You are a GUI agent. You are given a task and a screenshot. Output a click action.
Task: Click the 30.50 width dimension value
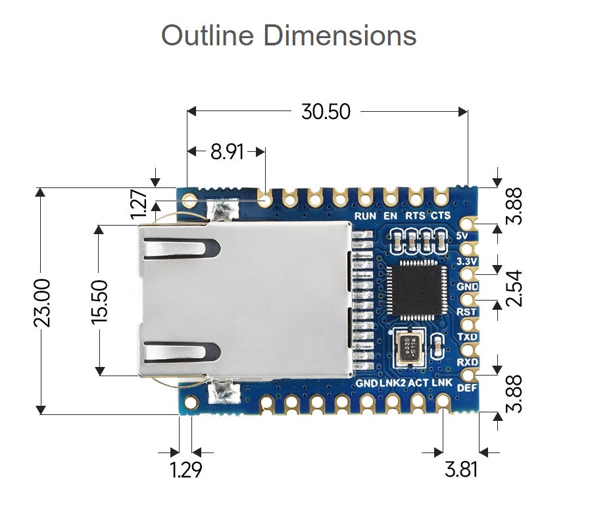click(326, 112)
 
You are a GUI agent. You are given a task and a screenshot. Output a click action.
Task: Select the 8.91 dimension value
click(227, 152)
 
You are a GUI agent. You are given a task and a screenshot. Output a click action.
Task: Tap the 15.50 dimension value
click(99, 302)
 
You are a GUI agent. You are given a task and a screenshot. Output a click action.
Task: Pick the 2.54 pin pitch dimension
click(516, 287)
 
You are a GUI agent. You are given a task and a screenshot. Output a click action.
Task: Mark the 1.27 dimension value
click(139, 205)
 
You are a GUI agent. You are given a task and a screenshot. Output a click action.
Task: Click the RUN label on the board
click(365, 216)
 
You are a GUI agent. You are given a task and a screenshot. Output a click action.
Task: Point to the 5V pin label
click(462, 235)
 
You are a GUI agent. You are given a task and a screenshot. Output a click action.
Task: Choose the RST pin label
click(465, 312)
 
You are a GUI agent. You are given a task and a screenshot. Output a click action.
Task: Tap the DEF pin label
click(466, 387)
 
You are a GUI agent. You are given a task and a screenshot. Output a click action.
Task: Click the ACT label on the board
click(418, 383)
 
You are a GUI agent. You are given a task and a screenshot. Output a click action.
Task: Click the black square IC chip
click(417, 291)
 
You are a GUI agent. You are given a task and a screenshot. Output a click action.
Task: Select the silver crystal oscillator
click(409, 347)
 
